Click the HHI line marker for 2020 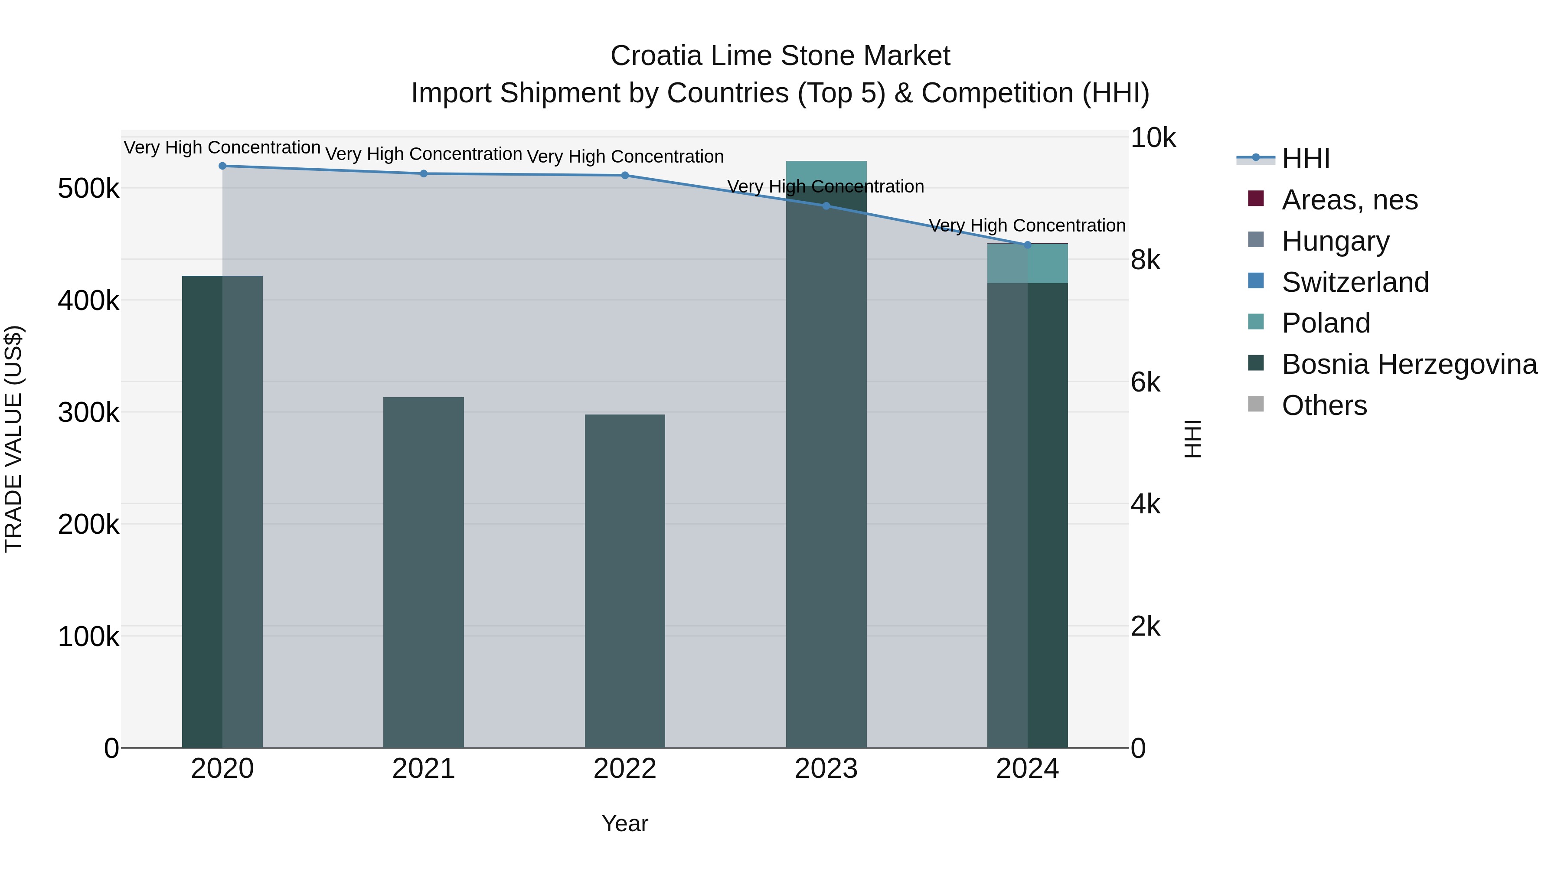pyautogui.click(x=222, y=166)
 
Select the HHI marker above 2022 pyautogui.click(x=625, y=175)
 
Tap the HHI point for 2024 pyautogui.click(x=1027, y=245)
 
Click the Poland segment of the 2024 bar pyautogui.click(x=1027, y=264)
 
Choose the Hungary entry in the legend pyautogui.click(x=1335, y=241)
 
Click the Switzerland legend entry pyautogui.click(x=1355, y=282)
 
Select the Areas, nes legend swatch pyautogui.click(x=1256, y=199)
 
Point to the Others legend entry pyautogui.click(x=1324, y=405)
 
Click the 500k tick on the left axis pyautogui.click(x=88, y=189)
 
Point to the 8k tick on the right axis pyautogui.click(x=1145, y=260)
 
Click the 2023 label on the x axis pyautogui.click(x=826, y=769)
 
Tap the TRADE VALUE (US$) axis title pyautogui.click(x=13, y=439)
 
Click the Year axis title pyautogui.click(x=625, y=823)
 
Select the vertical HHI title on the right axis pyautogui.click(x=1192, y=439)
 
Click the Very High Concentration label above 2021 pyautogui.click(x=424, y=154)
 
